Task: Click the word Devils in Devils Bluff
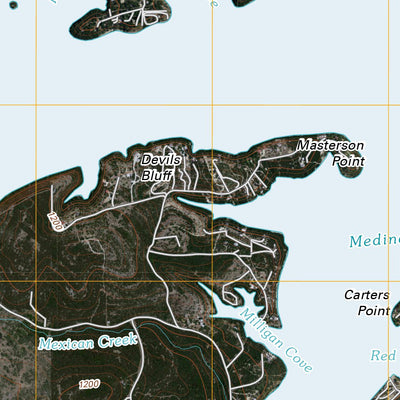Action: click(x=159, y=159)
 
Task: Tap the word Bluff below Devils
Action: click(x=156, y=174)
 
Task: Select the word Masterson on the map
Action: click(x=331, y=146)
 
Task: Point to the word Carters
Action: click(x=365, y=296)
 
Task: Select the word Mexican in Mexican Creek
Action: click(x=67, y=343)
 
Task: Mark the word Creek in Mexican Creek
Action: click(x=117, y=341)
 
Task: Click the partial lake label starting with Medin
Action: click(x=374, y=241)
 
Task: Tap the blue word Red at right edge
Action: click(x=383, y=356)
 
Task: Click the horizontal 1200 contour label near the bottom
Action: click(x=88, y=385)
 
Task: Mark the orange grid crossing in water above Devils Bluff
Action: click(x=212, y=105)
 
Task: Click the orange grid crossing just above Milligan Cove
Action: click(x=212, y=281)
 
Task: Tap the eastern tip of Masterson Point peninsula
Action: click(x=358, y=172)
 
